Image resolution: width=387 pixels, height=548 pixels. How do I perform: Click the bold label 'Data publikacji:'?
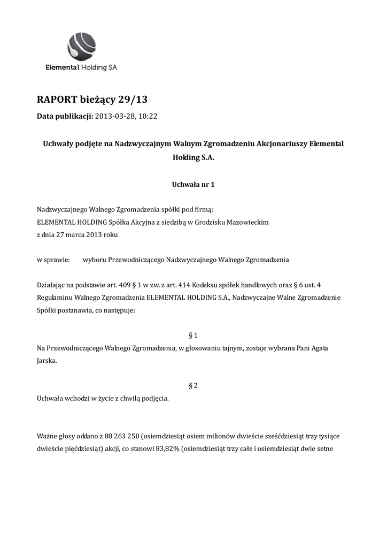point(65,116)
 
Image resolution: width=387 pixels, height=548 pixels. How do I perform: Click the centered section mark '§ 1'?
point(193,335)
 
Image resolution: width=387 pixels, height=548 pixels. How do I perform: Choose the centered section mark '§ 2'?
point(193,385)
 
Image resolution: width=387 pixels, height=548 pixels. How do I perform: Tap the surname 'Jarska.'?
point(47,361)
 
